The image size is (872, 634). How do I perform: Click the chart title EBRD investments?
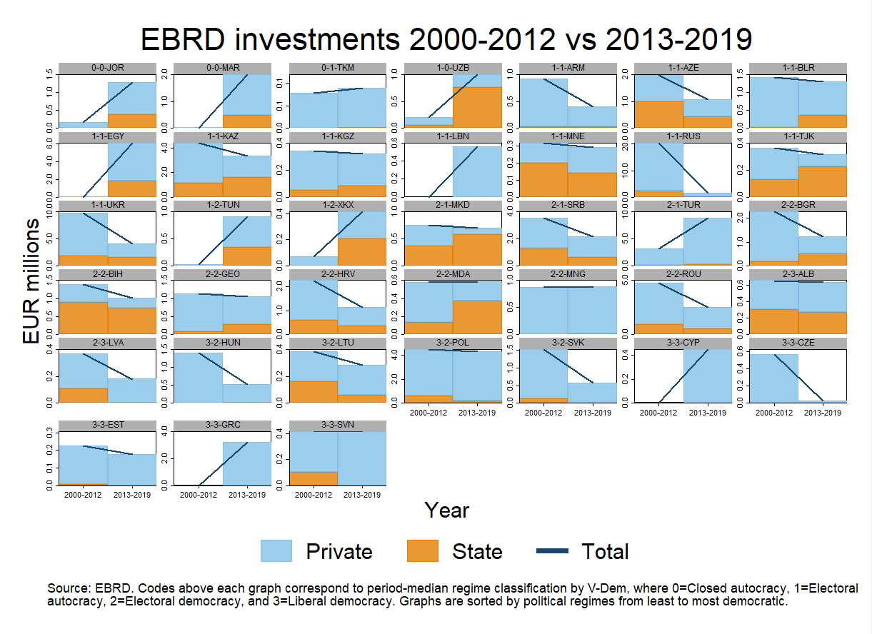pyautogui.click(x=446, y=39)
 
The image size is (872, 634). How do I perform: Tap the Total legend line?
pyautogui.click(x=551, y=551)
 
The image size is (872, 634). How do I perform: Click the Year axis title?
pyautogui.click(x=446, y=510)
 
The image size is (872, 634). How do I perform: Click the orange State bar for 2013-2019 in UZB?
pyautogui.click(x=477, y=106)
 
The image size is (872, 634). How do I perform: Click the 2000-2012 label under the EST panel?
pyautogui.click(x=84, y=495)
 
